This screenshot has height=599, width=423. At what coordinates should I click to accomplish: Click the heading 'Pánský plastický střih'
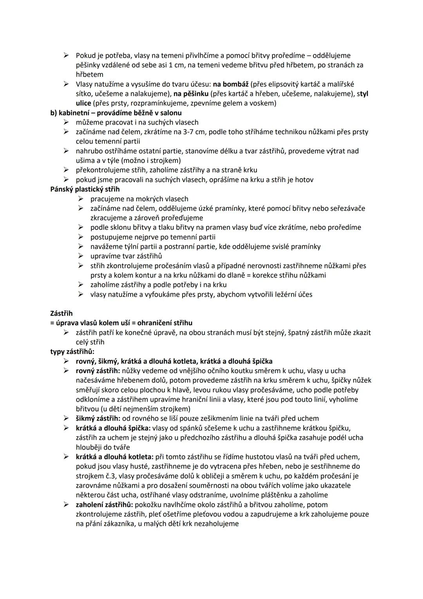tap(85, 189)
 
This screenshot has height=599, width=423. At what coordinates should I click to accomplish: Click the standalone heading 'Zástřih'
tap(61, 313)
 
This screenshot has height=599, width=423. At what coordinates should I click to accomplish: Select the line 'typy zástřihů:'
tap(72, 351)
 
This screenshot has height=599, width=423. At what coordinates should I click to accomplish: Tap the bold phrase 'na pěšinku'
tap(191, 94)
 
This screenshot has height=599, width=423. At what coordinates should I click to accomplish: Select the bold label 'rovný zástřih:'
tap(98, 371)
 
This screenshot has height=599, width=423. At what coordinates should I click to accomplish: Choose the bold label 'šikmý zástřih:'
tap(98, 418)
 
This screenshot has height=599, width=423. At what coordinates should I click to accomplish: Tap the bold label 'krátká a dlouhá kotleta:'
tap(115, 457)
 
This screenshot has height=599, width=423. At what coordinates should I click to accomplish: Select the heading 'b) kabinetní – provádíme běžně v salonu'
tap(116, 113)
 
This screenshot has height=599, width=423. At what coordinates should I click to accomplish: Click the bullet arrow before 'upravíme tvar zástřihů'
tap(81, 256)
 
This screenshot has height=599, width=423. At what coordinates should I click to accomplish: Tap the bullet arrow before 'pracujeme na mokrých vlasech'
tap(81, 199)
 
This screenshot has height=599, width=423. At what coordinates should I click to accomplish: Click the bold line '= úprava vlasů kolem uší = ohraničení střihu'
tap(121, 323)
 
